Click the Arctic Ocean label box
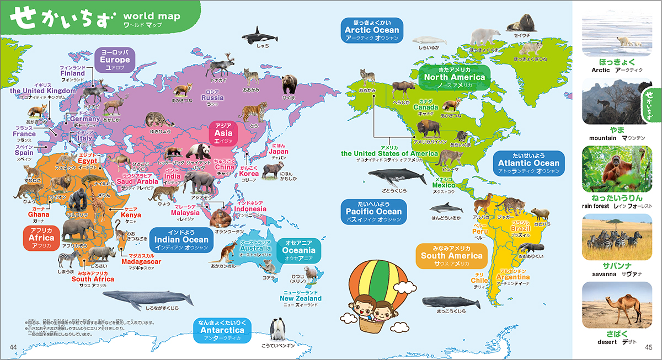[x=372, y=30]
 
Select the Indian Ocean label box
[x=181, y=240]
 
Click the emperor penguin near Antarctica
[x=277, y=331]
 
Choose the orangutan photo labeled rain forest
[x=617, y=165]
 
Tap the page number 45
[x=648, y=346]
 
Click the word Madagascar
[x=141, y=261]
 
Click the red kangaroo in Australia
[x=227, y=253]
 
